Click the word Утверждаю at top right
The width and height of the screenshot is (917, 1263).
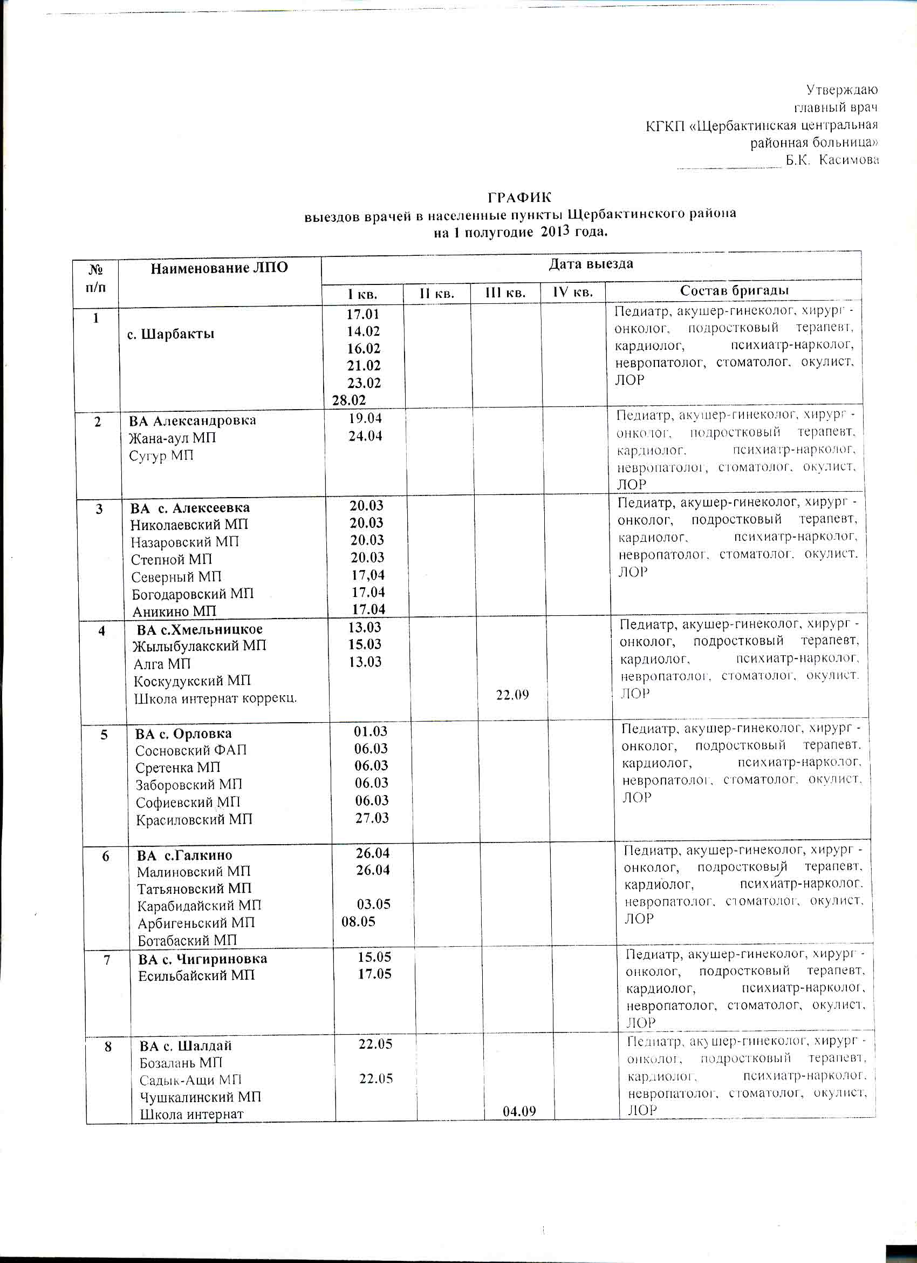[842, 89]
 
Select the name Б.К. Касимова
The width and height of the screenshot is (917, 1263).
[832, 160]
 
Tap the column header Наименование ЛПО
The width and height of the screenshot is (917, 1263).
[220, 268]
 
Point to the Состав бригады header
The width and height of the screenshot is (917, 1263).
[734, 291]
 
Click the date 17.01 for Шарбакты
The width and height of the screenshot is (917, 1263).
[363, 315]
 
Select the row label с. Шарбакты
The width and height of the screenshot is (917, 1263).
[171, 334]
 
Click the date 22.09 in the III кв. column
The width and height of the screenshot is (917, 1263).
[512, 695]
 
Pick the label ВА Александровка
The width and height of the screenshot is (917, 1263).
[193, 420]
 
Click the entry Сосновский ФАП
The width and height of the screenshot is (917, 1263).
[191, 750]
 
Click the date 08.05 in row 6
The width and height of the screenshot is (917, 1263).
[358, 921]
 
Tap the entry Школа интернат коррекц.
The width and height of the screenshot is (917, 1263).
[215, 698]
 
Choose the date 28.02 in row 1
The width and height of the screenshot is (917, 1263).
[349, 400]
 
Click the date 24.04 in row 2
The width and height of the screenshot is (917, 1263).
[366, 436]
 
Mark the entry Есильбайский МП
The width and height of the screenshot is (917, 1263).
[196, 975]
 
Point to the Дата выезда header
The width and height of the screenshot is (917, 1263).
[591, 263]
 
